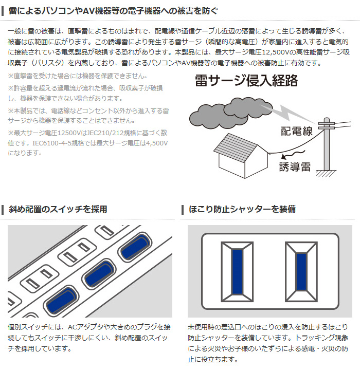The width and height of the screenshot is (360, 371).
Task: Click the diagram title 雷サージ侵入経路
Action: tap(246, 81)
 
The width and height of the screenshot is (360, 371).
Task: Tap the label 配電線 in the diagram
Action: tap(297, 131)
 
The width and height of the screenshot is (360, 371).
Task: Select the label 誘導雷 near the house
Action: tap(295, 166)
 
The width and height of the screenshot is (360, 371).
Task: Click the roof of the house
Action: tap(235, 147)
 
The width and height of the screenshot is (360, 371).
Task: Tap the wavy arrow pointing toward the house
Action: tap(293, 154)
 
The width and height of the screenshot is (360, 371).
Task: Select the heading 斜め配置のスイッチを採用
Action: tap(58, 209)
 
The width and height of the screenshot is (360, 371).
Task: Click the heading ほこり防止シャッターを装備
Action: tap(242, 209)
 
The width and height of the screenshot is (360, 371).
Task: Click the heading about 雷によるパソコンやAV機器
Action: tap(113, 11)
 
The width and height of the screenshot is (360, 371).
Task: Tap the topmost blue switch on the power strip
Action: tap(136, 247)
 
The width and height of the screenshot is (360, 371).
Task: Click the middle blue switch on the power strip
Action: tap(99, 273)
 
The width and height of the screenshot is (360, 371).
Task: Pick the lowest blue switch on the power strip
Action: tap(61, 300)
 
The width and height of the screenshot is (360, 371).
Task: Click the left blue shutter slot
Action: tap(237, 272)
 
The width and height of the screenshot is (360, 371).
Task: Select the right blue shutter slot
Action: tap(301, 272)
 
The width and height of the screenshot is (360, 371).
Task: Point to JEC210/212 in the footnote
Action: tap(105, 133)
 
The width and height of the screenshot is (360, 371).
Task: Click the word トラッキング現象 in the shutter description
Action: tap(321, 338)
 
